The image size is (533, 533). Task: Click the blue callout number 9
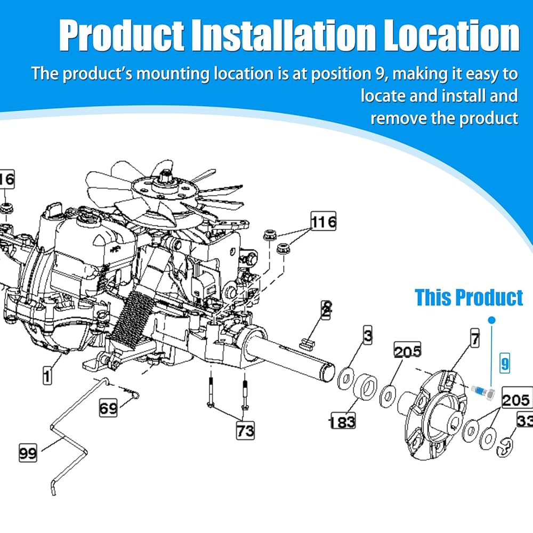click(x=505, y=363)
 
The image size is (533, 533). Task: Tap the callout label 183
click(x=343, y=422)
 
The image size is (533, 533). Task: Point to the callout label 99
click(x=28, y=453)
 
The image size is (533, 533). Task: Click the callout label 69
click(x=108, y=408)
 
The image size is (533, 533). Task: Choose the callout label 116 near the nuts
click(x=324, y=221)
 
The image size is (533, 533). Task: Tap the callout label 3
click(x=368, y=335)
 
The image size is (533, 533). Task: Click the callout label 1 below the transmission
click(x=47, y=376)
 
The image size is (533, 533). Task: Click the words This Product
click(x=469, y=297)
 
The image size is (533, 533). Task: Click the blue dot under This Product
click(x=491, y=320)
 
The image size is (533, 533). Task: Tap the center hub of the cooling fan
click(x=166, y=185)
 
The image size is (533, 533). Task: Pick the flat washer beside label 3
click(x=346, y=378)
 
